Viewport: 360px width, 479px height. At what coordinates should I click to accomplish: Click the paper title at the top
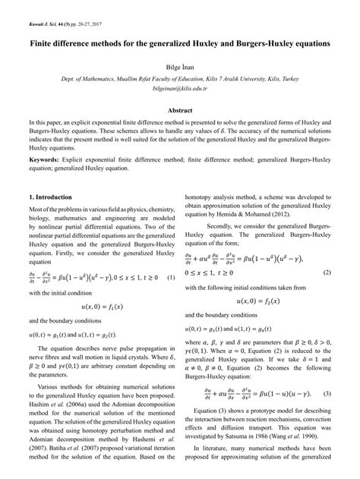(x=179, y=44)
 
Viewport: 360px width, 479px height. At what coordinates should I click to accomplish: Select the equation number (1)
(x=171, y=276)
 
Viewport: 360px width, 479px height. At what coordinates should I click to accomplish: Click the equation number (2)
(x=327, y=271)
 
